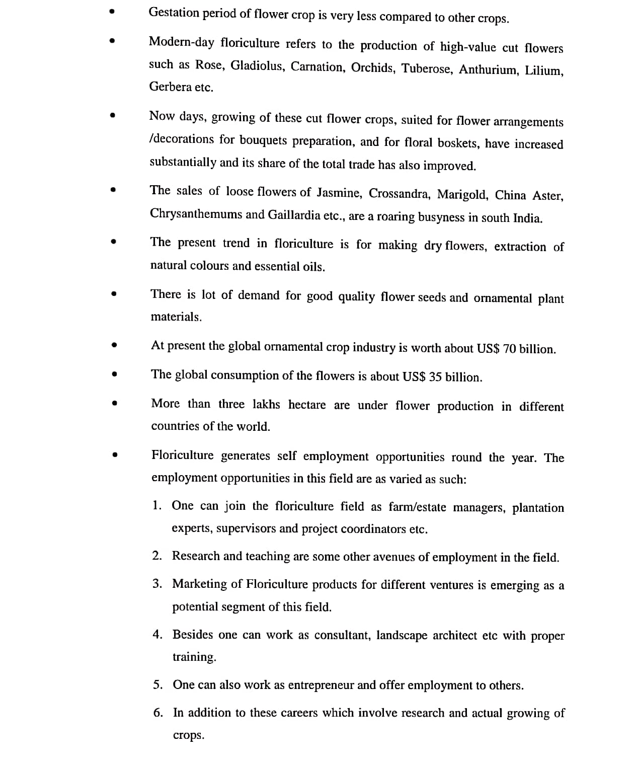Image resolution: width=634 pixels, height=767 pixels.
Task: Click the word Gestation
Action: click(174, 14)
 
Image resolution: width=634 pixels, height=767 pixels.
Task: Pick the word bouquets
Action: click(263, 140)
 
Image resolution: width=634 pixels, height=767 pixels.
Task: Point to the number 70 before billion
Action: click(509, 349)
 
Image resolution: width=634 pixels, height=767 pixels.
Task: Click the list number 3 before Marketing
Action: click(157, 583)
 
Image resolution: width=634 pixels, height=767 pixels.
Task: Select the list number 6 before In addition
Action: click(158, 712)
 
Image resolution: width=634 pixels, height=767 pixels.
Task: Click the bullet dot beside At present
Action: click(114, 345)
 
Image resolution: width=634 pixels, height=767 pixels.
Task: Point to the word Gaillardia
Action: click(294, 215)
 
